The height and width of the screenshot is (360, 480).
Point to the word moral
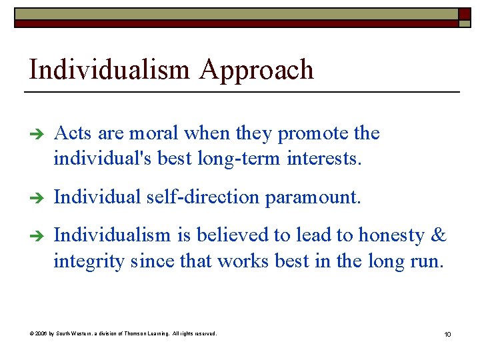154,133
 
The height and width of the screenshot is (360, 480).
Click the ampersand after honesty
439,235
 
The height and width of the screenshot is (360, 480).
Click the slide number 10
447,334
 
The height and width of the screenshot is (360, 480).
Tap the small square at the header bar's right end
464,14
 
